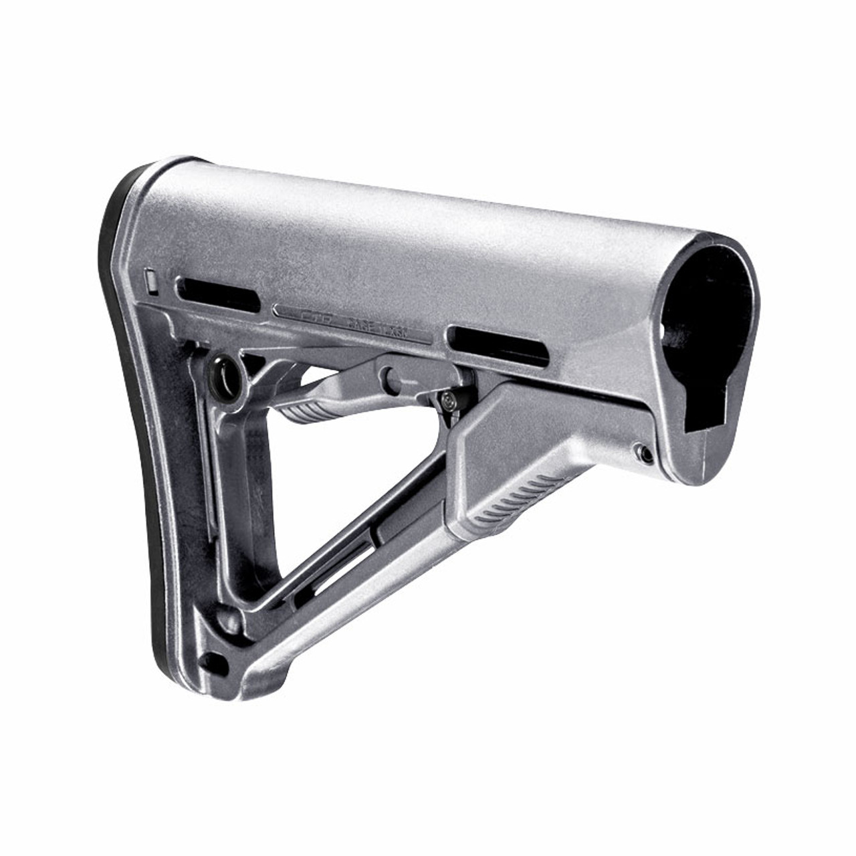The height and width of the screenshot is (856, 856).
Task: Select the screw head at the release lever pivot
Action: click(447, 400)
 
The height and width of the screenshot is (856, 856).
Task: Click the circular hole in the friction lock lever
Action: click(391, 374)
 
